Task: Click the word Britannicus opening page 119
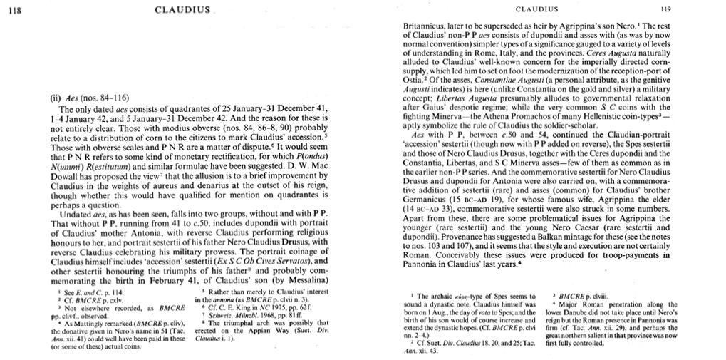point(427,24)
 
